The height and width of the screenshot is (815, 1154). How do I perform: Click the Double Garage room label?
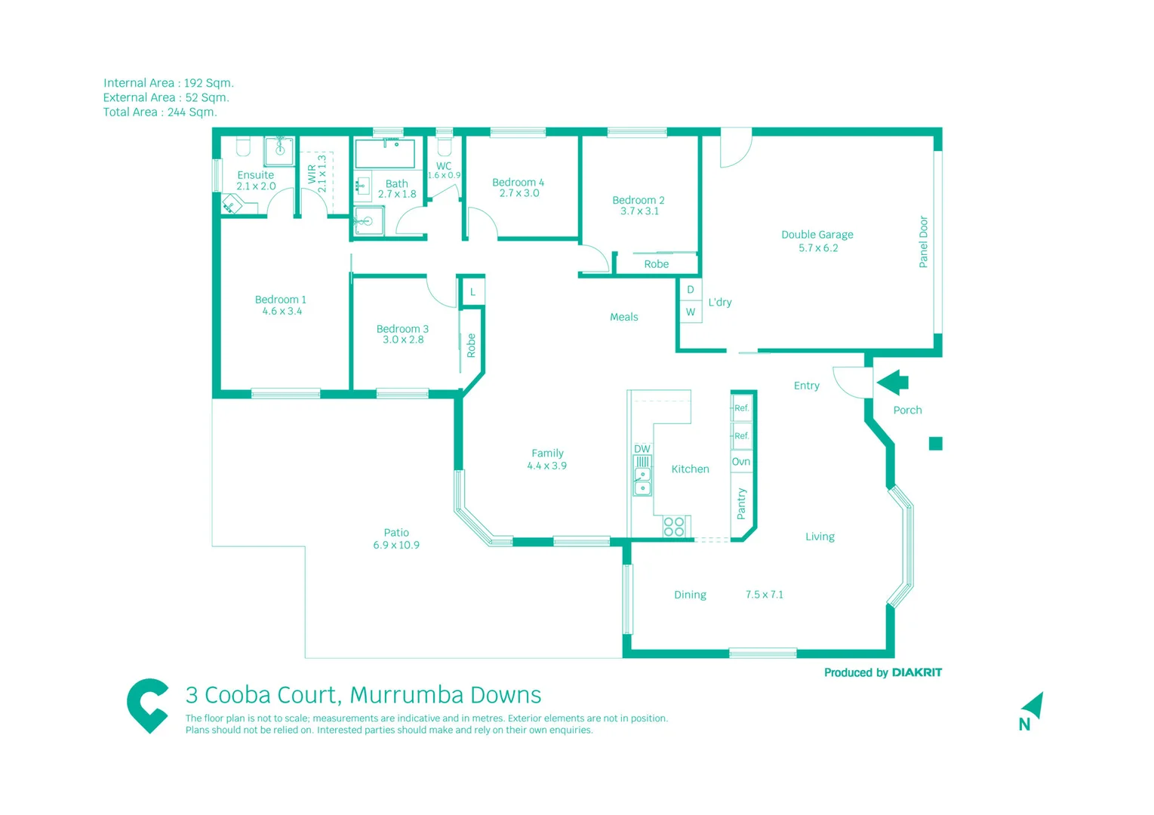(817, 235)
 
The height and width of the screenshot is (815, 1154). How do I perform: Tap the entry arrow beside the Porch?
(893, 383)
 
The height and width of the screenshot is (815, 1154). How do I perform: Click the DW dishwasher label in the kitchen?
(642, 449)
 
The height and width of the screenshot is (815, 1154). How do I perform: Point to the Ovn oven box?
(741, 462)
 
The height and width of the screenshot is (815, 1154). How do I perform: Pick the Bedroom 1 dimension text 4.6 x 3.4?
(282, 311)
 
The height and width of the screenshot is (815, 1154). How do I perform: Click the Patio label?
(396, 532)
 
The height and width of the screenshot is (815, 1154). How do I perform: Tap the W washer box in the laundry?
(691, 312)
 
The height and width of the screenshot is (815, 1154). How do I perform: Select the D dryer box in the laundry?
(691, 290)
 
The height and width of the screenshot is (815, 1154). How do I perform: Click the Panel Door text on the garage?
(923, 242)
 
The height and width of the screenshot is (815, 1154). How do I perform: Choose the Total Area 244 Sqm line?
(160, 112)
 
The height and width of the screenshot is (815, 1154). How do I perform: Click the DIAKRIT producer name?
(916, 672)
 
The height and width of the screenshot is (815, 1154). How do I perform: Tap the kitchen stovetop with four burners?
(674, 527)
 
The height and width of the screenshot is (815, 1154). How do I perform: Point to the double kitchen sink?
(642, 481)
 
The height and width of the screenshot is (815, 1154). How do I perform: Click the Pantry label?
(741, 503)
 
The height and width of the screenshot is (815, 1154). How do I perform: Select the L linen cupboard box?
(473, 292)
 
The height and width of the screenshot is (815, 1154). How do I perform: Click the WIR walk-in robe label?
(312, 174)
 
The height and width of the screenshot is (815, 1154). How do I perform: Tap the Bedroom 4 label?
(518, 183)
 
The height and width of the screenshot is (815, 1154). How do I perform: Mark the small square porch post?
(935, 444)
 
